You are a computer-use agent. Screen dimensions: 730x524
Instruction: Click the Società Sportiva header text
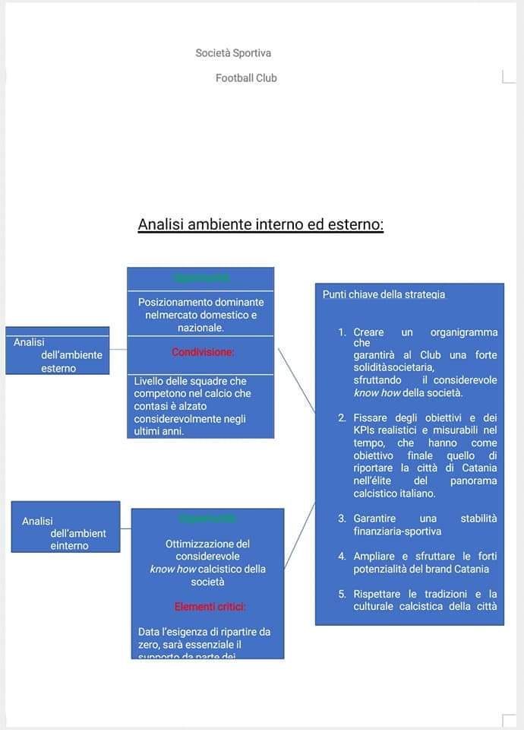pyautogui.click(x=233, y=53)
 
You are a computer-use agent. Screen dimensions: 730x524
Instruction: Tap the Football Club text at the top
pyautogui.click(x=246, y=78)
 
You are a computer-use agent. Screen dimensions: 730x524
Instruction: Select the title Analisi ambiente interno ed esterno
pyautogui.click(x=260, y=224)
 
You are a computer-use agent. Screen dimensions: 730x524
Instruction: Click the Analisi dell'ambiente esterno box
pyautogui.click(x=58, y=351)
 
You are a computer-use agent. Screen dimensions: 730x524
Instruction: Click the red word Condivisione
pyautogui.click(x=203, y=352)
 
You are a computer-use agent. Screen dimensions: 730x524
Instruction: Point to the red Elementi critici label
pyautogui.click(x=210, y=606)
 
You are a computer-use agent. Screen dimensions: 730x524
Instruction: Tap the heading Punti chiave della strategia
pyautogui.click(x=384, y=294)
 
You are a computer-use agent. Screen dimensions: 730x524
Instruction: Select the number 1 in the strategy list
pyautogui.click(x=342, y=332)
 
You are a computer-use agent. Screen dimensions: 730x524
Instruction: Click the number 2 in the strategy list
pyautogui.click(x=342, y=417)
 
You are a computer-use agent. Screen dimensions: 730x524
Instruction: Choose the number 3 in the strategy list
pyautogui.click(x=342, y=518)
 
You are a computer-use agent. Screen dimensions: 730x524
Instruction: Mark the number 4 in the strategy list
pyautogui.click(x=342, y=556)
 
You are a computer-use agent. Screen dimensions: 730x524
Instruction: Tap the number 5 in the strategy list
pyautogui.click(x=342, y=594)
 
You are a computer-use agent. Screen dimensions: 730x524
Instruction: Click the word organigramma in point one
pyautogui.click(x=463, y=332)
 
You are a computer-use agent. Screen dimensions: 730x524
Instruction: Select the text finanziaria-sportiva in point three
pyautogui.click(x=396, y=532)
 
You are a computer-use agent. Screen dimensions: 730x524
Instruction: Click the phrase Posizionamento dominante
pyautogui.click(x=200, y=302)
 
